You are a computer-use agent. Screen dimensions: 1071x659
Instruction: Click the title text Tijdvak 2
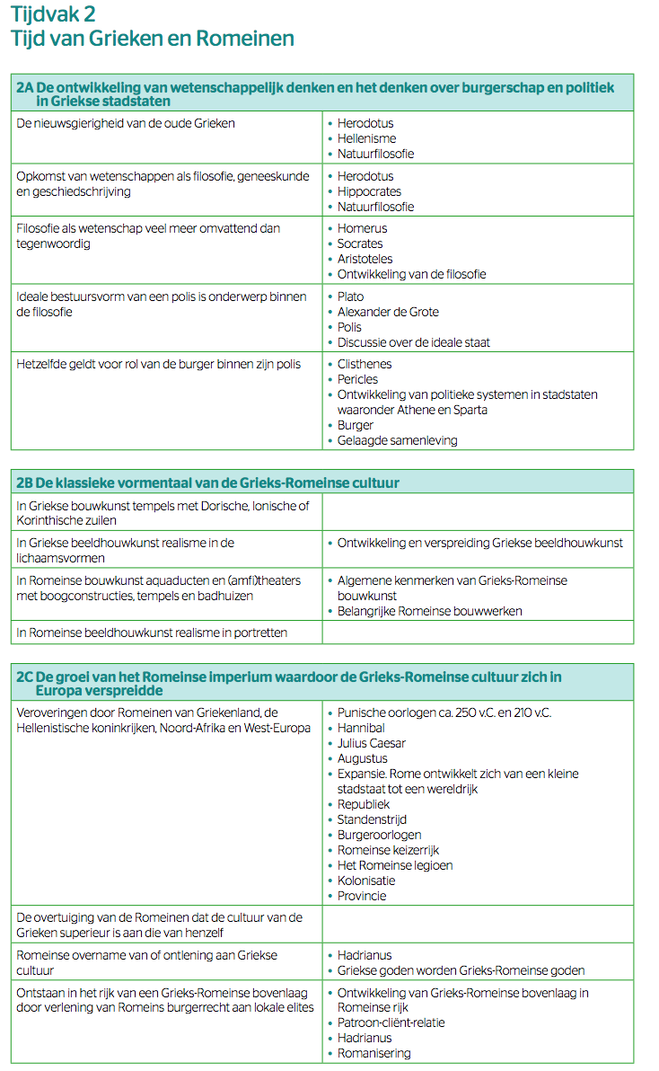coord(53,14)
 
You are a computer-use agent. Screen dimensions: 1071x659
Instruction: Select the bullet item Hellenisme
coord(366,138)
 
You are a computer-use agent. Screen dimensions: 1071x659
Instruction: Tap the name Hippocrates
coord(369,191)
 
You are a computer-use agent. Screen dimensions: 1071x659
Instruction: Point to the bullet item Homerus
coord(362,228)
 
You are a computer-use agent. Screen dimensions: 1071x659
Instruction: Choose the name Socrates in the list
coord(360,243)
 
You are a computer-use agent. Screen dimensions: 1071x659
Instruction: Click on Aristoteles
coord(365,259)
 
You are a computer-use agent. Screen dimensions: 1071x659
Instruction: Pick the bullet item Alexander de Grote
coord(388,312)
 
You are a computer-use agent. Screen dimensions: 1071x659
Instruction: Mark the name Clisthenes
coord(364,364)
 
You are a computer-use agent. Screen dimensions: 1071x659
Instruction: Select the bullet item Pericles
coord(357,379)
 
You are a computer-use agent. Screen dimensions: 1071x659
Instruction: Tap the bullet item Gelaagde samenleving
coord(397,440)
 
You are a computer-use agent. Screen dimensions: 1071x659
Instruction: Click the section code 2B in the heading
coord(25,482)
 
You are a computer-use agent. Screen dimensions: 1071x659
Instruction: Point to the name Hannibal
coord(361,728)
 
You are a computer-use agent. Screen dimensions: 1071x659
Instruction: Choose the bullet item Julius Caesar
coord(372,743)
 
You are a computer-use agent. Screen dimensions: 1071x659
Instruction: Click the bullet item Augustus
coord(363,758)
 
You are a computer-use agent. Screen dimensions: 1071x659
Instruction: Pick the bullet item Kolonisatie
coord(366,881)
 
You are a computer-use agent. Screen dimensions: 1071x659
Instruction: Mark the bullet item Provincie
coord(362,896)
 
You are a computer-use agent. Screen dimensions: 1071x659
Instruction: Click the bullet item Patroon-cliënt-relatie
coord(391,1022)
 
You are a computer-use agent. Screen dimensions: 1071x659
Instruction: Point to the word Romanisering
coord(373,1053)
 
